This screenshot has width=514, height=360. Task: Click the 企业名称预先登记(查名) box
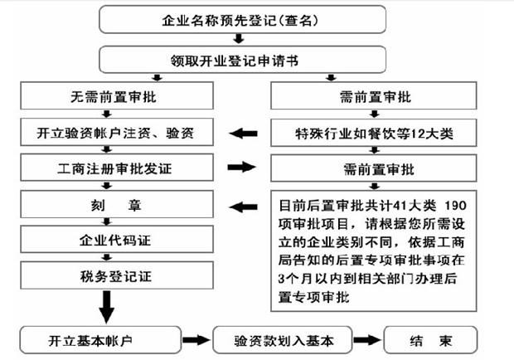(241, 18)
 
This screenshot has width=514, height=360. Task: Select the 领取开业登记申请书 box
(241, 59)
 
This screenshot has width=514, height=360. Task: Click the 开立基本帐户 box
(99, 340)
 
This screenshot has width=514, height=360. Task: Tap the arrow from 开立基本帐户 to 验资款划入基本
(195, 340)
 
